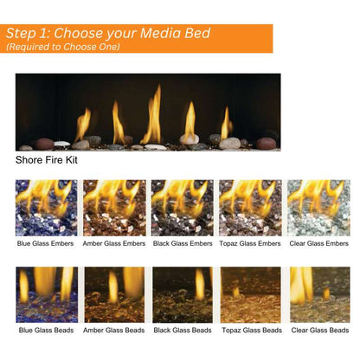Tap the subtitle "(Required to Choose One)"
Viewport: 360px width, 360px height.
click(63, 47)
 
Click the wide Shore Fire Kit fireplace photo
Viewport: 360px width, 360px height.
click(148, 112)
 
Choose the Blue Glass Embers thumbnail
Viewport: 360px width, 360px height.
click(46, 208)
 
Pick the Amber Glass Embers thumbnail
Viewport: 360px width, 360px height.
click(114, 208)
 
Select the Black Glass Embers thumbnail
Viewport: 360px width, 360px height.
click(182, 208)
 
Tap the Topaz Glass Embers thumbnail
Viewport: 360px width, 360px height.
click(250, 208)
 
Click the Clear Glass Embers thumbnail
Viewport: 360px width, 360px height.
click(318, 208)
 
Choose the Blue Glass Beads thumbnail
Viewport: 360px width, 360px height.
click(46, 294)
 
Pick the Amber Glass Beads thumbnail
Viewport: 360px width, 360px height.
click(114, 294)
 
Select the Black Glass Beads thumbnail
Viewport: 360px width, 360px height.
click(182, 294)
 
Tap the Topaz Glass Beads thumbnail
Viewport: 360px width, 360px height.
click(250, 294)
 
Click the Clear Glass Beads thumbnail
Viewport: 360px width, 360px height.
click(318, 294)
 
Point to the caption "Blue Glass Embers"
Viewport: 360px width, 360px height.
click(46, 244)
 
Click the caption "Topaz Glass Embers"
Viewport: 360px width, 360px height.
click(250, 244)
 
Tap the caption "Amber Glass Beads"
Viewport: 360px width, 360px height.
click(114, 331)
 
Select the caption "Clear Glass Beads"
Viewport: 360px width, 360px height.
click(318, 331)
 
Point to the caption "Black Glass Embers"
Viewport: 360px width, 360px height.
click(182, 244)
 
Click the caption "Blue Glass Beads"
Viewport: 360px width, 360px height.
click(46, 331)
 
